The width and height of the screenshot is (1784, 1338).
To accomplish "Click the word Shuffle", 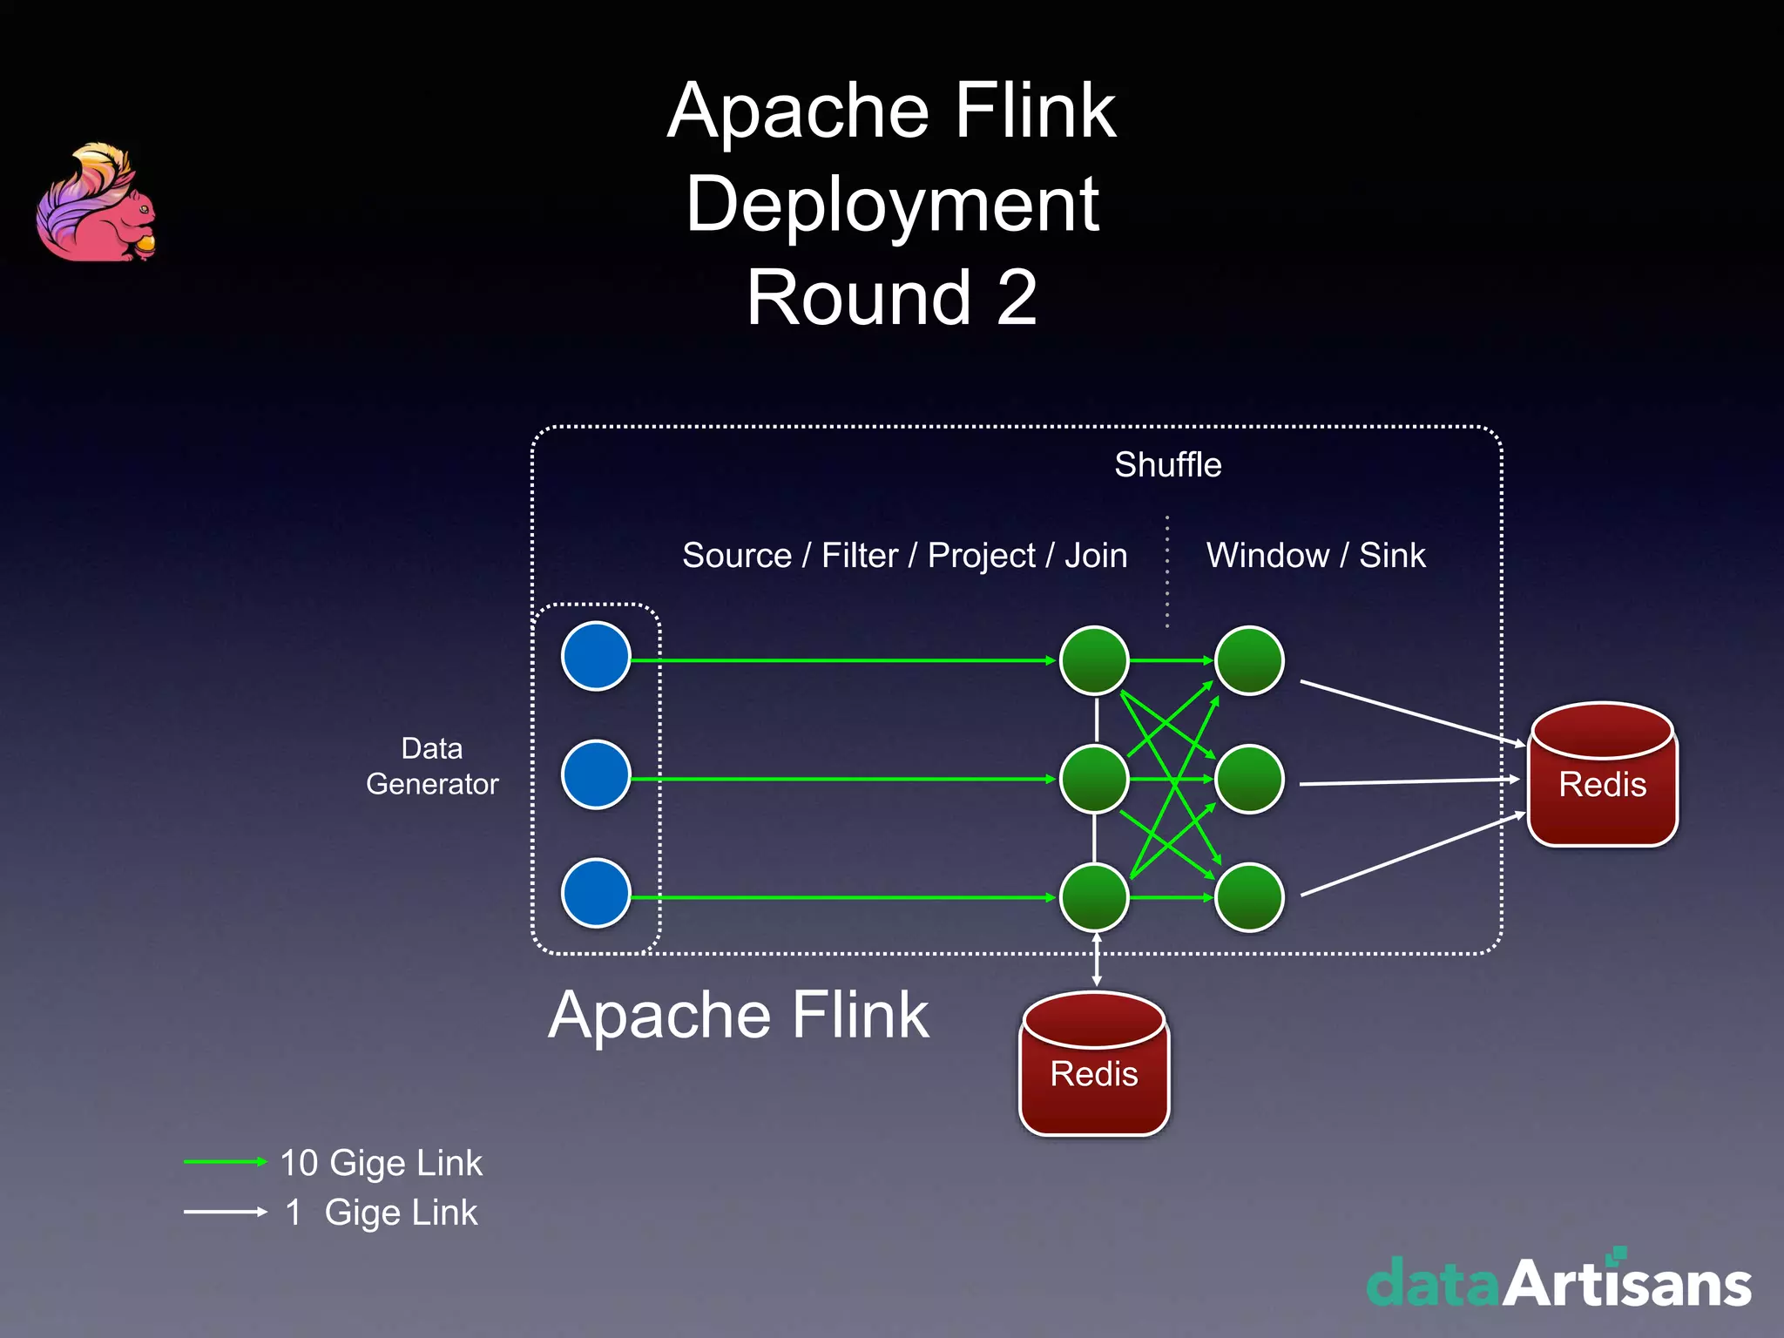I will pos(1167,464).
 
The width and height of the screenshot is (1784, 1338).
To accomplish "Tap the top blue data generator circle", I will pos(596,656).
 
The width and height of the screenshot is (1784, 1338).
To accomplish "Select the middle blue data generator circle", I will pos(596,774).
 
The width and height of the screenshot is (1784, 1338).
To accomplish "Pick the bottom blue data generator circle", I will pos(596,893).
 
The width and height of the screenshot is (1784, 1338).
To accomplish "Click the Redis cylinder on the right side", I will pos(1602,775).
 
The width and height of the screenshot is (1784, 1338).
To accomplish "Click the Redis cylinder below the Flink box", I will pos(1094,1064).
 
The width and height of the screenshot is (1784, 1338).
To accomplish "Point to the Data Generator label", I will pos(432,767).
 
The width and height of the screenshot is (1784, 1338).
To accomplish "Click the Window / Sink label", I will pos(1315,556).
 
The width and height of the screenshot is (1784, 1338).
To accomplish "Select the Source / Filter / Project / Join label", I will pos(904,556).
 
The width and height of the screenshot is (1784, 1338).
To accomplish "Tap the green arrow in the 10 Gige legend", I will pos(225,1161).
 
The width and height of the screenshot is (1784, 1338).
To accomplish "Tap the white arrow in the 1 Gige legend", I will pos(225,1212).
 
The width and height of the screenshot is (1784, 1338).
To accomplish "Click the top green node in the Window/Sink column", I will pos(1249,660).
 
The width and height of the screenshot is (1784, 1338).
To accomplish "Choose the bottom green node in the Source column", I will pos(1094,897).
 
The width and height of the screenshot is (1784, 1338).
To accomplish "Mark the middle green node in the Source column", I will pos(1094,779).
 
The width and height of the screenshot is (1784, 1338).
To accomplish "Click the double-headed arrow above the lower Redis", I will pos(1096,960).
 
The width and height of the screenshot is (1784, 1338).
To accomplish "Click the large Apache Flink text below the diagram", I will pos(739,1016).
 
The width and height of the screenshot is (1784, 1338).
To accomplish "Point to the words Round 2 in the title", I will pos(891,298).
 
